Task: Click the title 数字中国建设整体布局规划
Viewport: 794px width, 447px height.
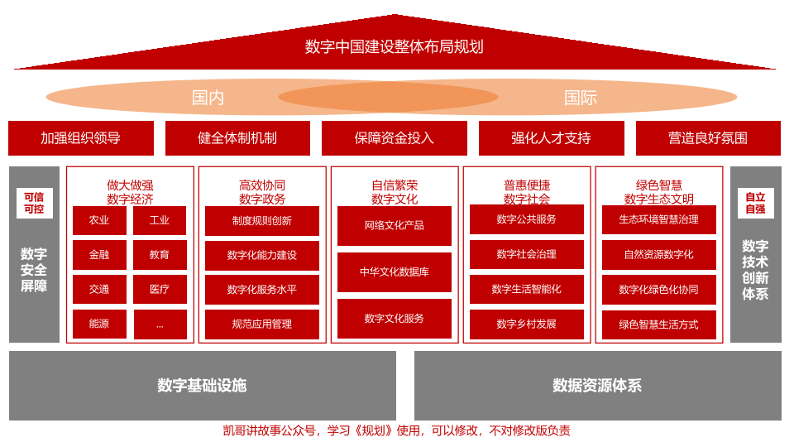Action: (x=395, y=47)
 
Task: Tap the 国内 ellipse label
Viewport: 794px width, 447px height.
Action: (x=208, y=98)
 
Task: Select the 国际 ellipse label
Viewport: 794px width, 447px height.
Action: (x=580, y=98)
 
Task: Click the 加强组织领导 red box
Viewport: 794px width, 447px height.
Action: (x=81, y=138)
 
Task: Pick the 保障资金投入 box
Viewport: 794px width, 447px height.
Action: (x=395, y=138)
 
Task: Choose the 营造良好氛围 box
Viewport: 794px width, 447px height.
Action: (x=708, y=138)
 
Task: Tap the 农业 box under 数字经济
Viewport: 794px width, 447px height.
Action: (x=99, y=220)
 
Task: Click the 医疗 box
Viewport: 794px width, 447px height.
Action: (x=160, y=290)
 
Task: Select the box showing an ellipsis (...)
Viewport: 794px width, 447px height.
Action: (x=160, y=324)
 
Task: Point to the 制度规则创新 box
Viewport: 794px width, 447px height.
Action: (x=262, y=221)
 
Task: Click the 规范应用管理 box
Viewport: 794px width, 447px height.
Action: (x=262, y=324)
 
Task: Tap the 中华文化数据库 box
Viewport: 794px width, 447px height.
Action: (x=395, y=272)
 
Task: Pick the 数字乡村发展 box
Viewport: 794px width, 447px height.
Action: (x=527, y=324)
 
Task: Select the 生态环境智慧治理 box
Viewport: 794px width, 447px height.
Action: (x=659, y=220)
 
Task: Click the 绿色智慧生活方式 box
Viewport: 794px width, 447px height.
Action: (x=659, y=324)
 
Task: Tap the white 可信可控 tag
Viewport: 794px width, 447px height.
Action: (x=34, y=204)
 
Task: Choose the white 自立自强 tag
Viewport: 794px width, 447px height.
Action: (x=755, y=204)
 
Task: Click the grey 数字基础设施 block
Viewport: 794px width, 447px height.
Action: (x=203, y=386)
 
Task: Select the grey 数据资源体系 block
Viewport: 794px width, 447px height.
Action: (x=597, y=386)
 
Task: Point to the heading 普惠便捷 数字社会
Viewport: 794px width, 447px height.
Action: (x=527, y=192)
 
